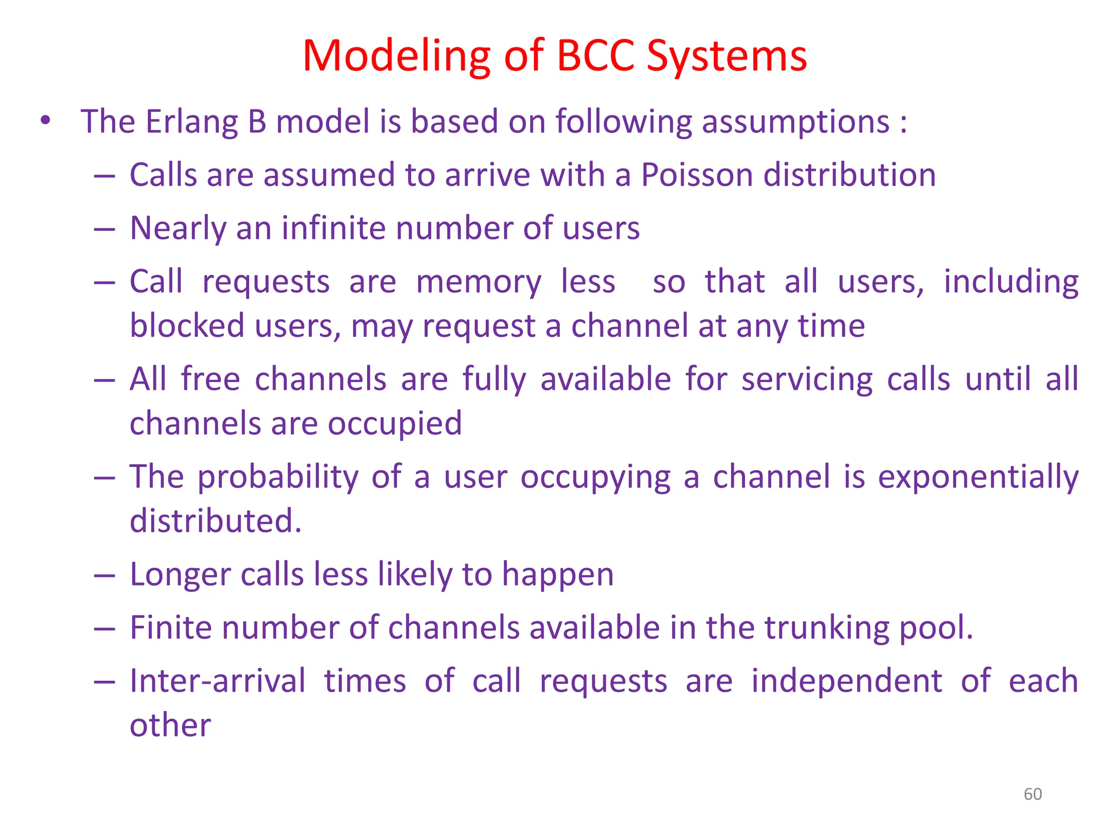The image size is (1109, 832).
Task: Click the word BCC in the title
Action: [x=595, y=55]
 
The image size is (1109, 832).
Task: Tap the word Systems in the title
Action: [x=727, y=56]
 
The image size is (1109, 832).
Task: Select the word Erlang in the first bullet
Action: [x=192, y=121]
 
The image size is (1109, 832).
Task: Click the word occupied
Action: [x=395, y=424]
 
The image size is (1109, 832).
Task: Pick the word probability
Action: [x=277, y=478]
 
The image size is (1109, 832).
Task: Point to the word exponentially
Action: [x=978, y=478]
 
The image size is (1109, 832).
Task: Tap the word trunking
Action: [x=827, y=628]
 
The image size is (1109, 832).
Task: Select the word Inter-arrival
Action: [x=218, y=681]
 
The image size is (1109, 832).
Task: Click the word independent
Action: [x=846, y=681]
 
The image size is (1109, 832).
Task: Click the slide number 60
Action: [x=1033, y=794]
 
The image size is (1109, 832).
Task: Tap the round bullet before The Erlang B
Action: [x=45, y=121]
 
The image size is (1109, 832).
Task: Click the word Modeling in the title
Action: [x=396, y=56]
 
